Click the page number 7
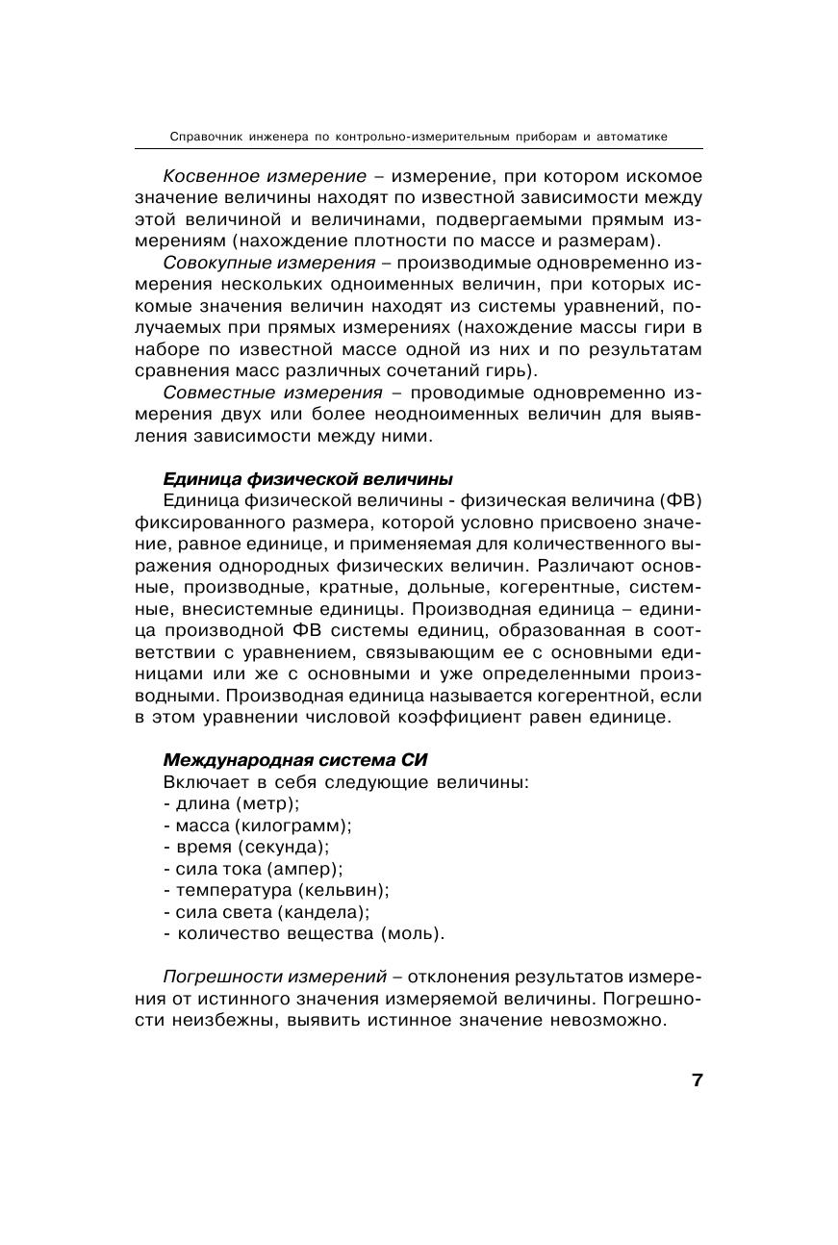click(697, 1080)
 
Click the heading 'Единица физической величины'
click(308, 478)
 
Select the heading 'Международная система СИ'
click(295, 760)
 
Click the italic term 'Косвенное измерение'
click(265, 176)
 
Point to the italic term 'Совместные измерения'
click(273, 393)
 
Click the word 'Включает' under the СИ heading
click(200, 781)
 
